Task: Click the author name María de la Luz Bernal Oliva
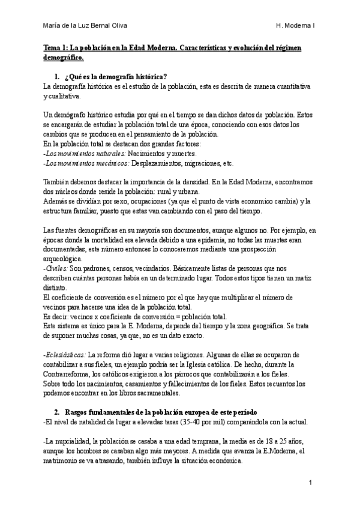[85, 26]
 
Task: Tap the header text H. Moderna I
[296, 26]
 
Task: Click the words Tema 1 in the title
[56, 47]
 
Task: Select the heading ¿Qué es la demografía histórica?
[114, 77]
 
